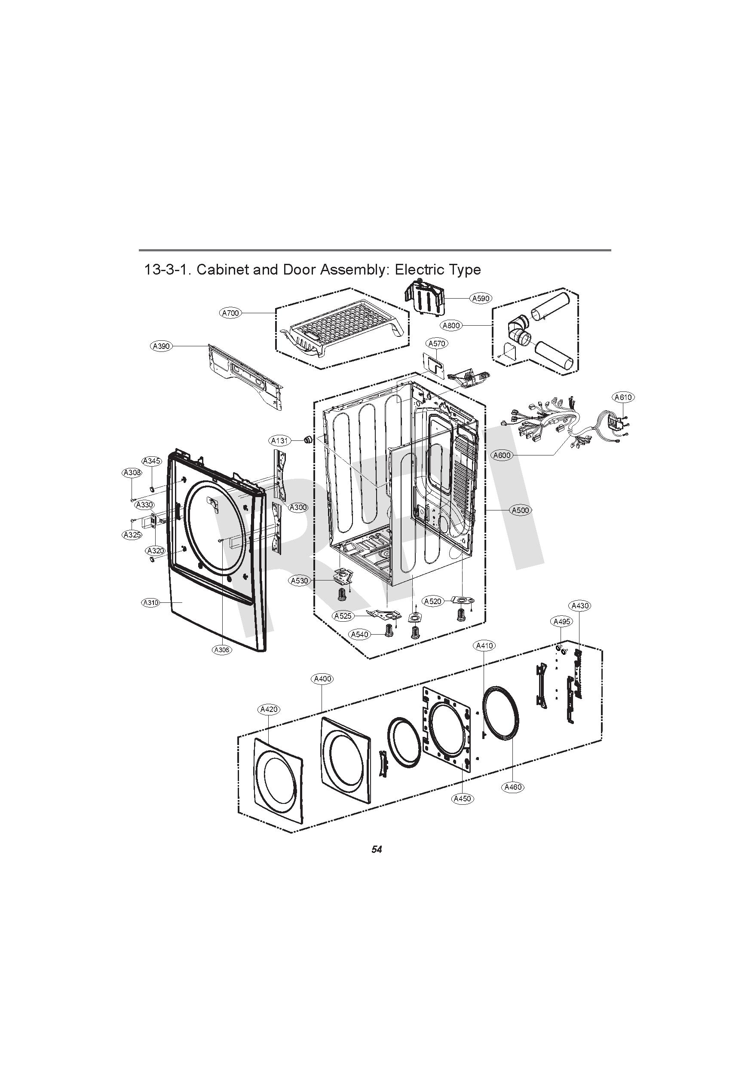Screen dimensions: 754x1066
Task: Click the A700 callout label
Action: pos(230,313)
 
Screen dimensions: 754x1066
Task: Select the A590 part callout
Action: pos(481,299)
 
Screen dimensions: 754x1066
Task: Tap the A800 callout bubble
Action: pos(451,325)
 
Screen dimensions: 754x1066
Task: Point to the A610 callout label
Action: pos(623,397)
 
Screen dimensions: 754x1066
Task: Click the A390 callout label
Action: pos(162,346)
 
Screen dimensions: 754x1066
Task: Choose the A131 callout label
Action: pos(280,440)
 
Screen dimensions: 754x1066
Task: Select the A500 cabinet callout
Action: pos(520,510)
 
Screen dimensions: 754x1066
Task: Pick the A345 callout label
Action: pos(151,461)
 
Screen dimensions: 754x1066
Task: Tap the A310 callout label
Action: pos(150,603)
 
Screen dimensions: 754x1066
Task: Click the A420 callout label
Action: pos(269,709)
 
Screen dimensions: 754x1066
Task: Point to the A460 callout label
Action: pos(513,787)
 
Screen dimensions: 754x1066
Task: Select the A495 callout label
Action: pos(562,621)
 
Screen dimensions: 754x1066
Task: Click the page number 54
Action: pos(376,849)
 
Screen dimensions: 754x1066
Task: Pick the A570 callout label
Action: pos(437,344)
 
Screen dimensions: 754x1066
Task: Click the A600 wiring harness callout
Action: pos(502,455)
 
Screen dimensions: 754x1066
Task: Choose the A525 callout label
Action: pos(343,616)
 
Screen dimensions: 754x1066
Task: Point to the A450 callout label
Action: pos(462,799)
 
